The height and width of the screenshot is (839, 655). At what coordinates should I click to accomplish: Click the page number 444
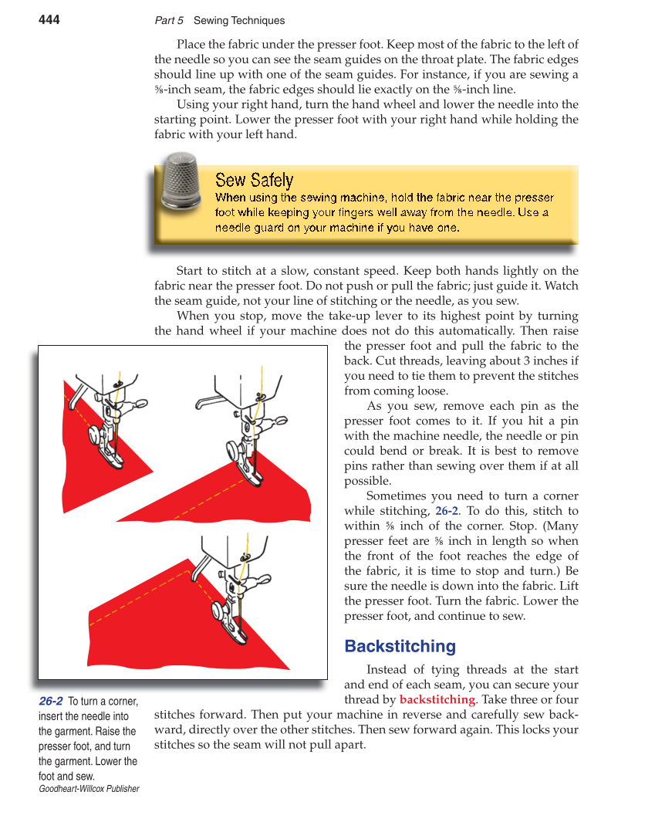(49, 20)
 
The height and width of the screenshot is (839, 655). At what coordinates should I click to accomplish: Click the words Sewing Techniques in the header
(238, 21)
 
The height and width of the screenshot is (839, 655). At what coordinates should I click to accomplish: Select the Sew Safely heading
(254, 181)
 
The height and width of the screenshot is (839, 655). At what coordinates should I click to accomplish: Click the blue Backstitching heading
(400, 646)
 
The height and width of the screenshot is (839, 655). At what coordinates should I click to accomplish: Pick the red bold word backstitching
(437, 699)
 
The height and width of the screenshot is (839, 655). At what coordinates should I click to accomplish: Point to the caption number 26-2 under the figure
(51, 701)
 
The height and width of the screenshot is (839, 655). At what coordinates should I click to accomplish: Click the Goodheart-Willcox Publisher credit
(89, 789)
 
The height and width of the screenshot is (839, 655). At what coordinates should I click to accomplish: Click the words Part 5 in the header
(169, 21)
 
